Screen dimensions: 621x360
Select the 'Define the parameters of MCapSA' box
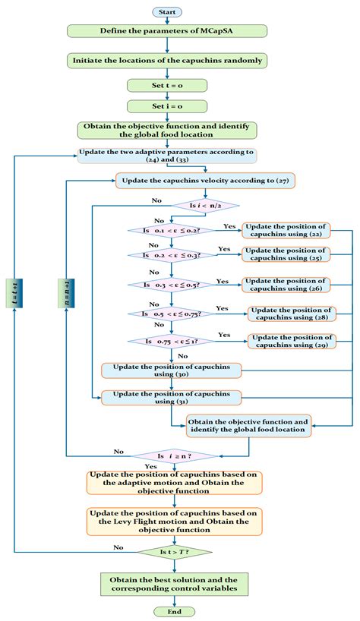pyautogui.click(x=166, y=31)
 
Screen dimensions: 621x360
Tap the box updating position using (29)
pyautogui.click(x=292, y=341)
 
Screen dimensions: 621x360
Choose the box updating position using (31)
pyautogui.click(x=171, y=397)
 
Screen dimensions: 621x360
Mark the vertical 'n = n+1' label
pyautogui.click(x=67, y=293)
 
